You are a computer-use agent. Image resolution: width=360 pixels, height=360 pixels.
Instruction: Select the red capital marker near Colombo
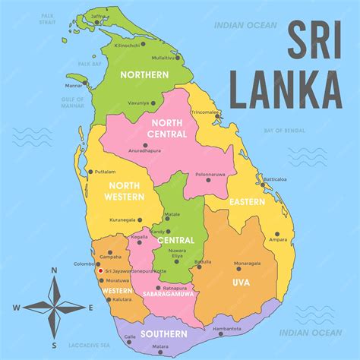click(100, 270)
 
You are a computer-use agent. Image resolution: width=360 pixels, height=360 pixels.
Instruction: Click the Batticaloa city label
click(275, 179)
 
